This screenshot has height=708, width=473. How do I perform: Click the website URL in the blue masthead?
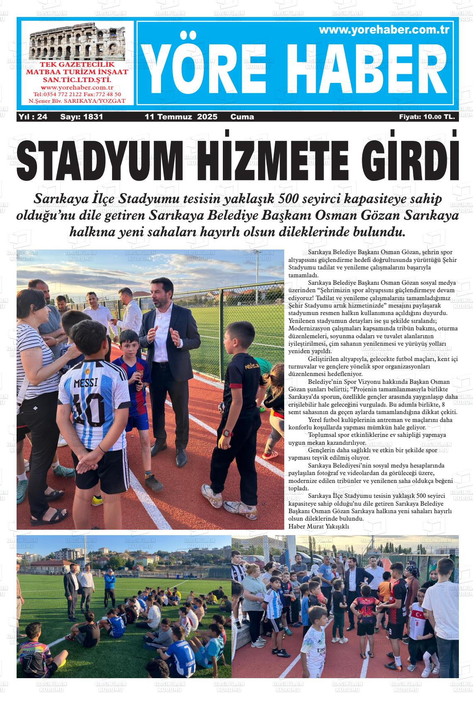384,30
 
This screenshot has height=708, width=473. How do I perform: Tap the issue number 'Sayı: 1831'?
81,117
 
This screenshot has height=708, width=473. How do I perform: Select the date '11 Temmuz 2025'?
181,117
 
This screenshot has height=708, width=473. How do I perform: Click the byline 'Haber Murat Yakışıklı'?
319,526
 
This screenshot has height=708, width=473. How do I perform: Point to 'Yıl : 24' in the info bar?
33,117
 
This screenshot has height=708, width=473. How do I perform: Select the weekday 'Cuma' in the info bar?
242,117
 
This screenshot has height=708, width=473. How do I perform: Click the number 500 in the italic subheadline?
290,198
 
